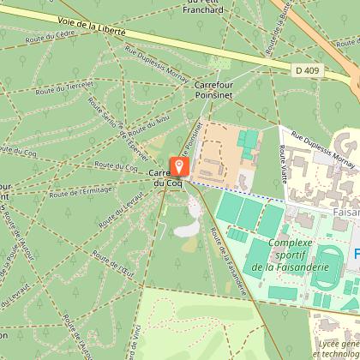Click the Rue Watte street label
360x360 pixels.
pyautogui.click(x=280, y=155)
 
